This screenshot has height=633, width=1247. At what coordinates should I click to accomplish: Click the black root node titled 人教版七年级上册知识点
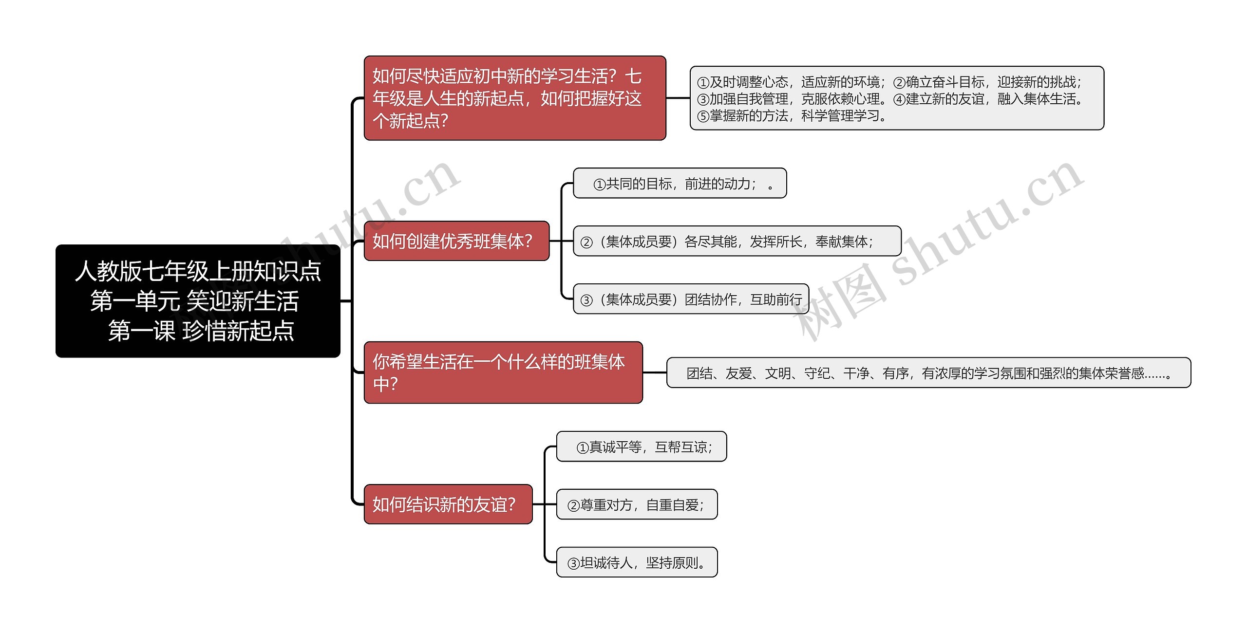198,300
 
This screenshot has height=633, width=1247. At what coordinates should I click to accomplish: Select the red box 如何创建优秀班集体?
456,241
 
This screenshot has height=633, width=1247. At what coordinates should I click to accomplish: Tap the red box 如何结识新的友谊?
448,504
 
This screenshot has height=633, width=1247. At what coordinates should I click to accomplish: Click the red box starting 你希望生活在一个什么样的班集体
503,372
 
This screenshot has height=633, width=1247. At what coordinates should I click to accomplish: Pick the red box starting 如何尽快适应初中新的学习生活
515,98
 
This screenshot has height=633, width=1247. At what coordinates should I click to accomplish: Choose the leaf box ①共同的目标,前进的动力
680,183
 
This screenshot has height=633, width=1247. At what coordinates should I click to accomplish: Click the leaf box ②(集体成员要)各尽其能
737,241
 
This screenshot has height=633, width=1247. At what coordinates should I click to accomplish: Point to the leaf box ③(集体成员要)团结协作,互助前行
690,299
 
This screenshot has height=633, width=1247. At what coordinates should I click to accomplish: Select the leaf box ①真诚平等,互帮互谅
641,447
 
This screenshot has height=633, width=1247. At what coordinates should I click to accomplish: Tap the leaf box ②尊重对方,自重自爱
637,504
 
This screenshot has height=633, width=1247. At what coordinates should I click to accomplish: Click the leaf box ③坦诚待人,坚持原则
637,562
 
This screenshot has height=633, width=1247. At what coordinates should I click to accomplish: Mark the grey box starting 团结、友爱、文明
928,373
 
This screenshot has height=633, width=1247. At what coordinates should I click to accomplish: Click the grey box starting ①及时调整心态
896,98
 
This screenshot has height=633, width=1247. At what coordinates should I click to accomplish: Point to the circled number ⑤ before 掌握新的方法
703,116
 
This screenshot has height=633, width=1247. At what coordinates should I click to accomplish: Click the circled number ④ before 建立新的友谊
899,99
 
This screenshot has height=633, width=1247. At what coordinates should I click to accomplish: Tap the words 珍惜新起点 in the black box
238,331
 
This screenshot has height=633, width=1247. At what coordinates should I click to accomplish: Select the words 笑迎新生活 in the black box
243,301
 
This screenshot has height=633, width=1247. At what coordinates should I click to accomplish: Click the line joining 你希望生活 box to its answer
654,372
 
